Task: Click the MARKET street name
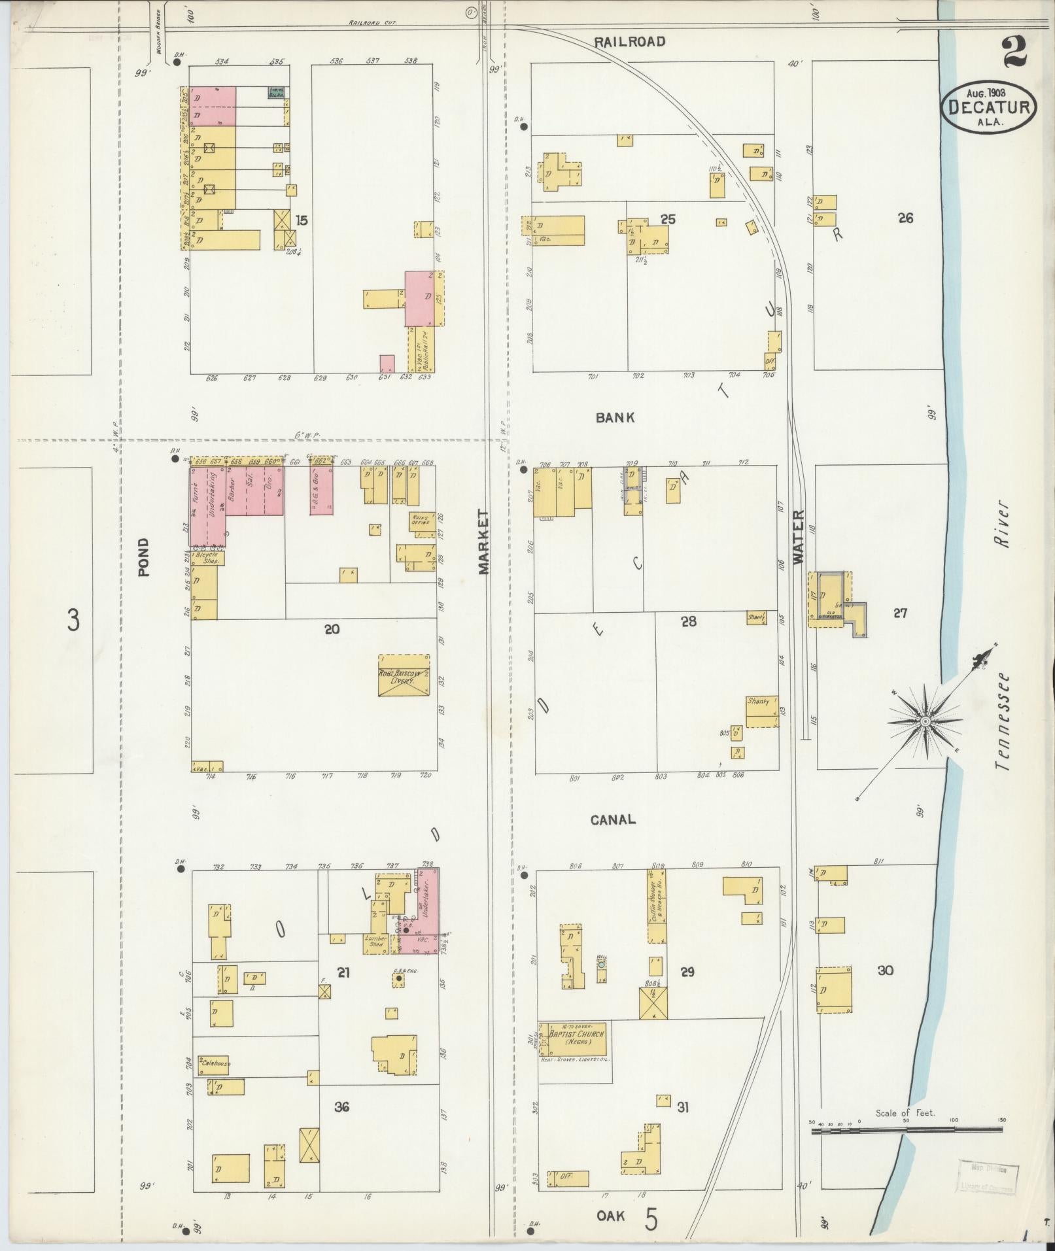(484, 542)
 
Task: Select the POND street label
(144, 557)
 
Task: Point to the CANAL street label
(613, 819)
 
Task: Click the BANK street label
(615, 417)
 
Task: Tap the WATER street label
(797, 537)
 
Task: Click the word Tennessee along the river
(1000, 721)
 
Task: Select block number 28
(688, 621)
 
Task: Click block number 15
(300, 220)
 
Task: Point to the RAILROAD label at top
(629, 42)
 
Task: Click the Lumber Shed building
(375, 942)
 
